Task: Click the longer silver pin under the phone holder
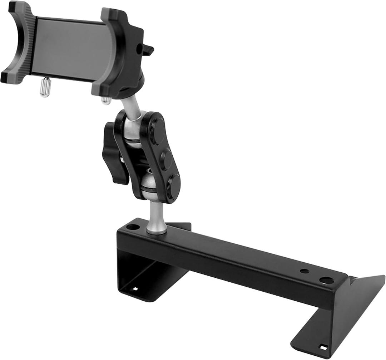[45, 87]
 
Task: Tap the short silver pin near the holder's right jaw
[106, 100]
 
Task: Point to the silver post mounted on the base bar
[156, 218]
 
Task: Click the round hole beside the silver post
[133, 227]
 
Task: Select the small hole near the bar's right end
[304, 271]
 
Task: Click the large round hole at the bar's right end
[326, 281]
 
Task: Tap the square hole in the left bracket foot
[135, 288]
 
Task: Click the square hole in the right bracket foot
[323, 347]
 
